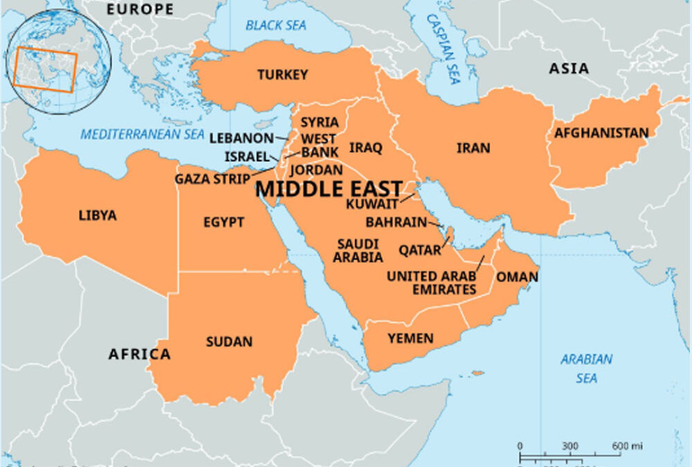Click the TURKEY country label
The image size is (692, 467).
pos(282,75)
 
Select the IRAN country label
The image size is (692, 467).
pos(473,147)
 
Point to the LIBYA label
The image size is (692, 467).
pos(98,215)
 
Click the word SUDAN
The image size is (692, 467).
pos(229,342)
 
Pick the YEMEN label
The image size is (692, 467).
pos(410,338)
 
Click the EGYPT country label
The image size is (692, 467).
pos(224,222)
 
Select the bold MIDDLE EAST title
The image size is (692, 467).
pos(329,189)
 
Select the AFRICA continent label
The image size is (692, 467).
pos(139,354)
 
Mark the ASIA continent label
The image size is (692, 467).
pos(569,68)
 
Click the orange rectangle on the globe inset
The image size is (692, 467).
pos(47,70)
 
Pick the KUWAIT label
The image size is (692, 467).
pos(372,204)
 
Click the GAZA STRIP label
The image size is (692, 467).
pos(212,179)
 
